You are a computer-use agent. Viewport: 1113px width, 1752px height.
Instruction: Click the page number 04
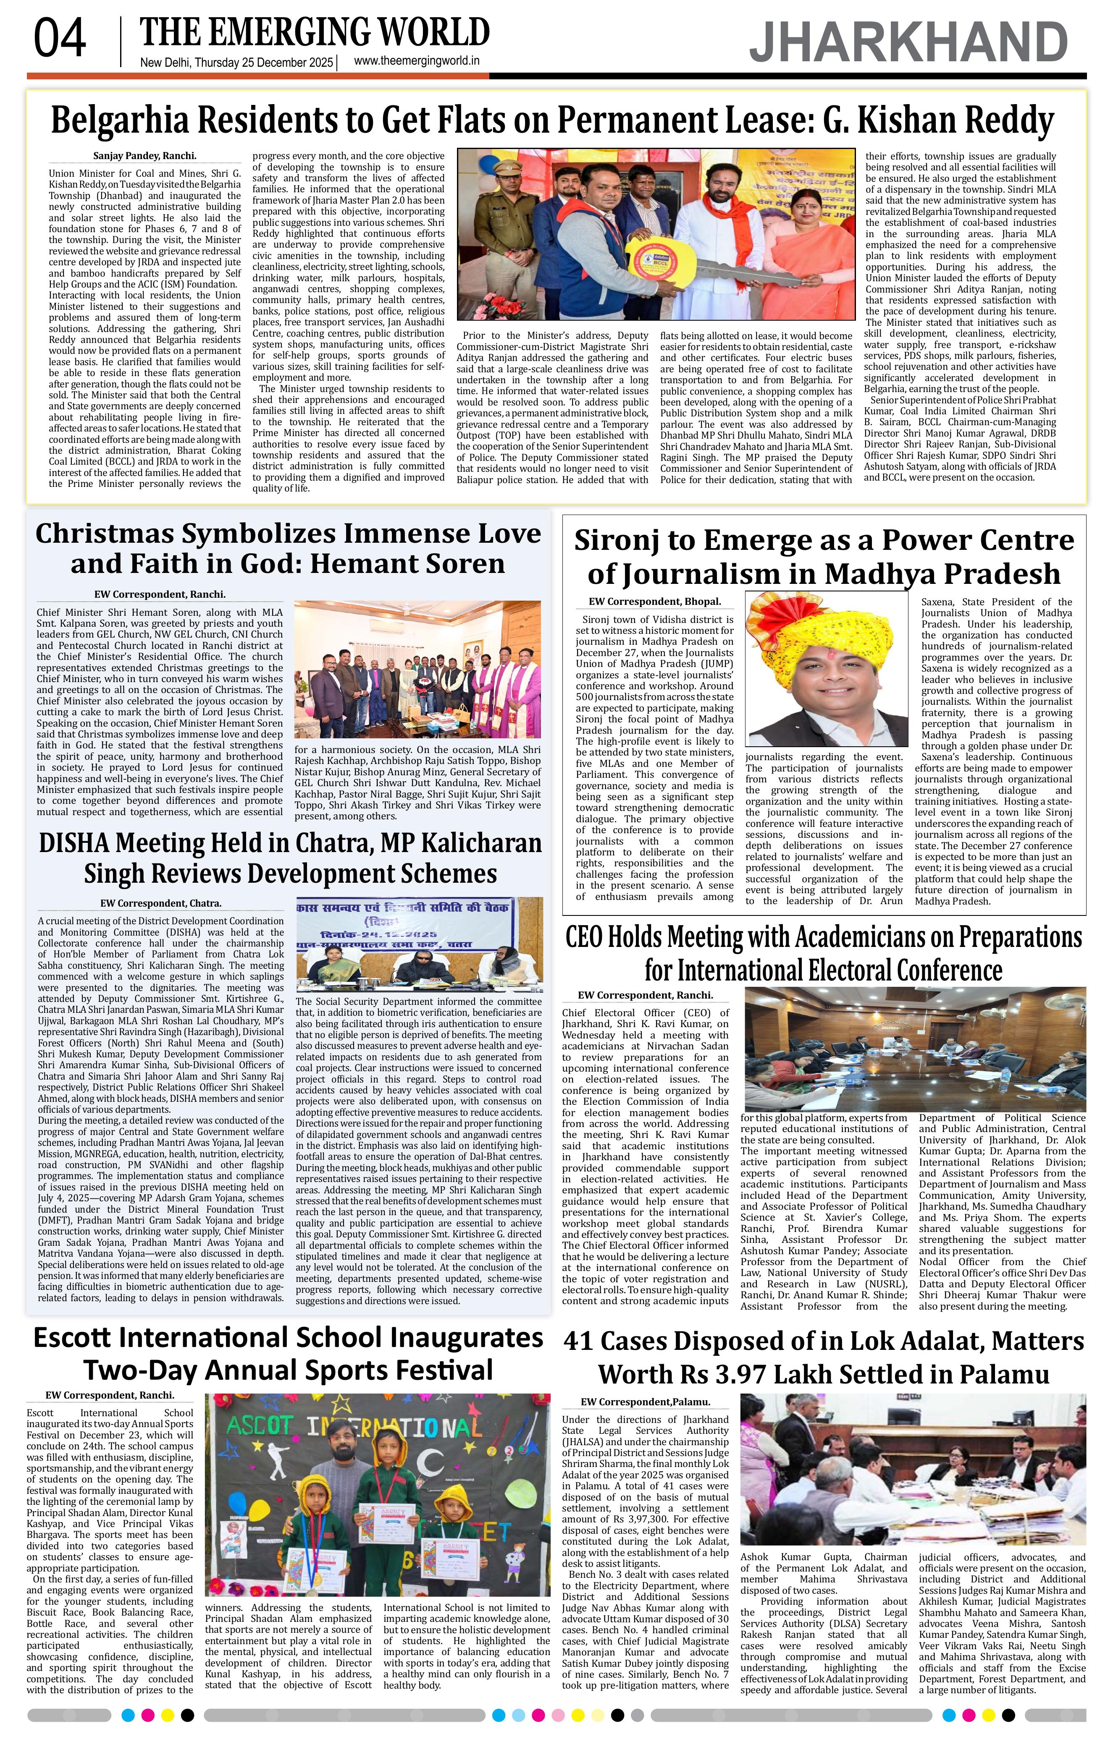click(60, 40)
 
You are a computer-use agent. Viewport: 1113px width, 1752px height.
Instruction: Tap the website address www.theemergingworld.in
click(416, 62)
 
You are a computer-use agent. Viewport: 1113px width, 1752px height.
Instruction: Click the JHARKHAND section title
click(908, 43)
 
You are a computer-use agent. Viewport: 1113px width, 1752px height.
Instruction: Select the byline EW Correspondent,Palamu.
click(645, 1402)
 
